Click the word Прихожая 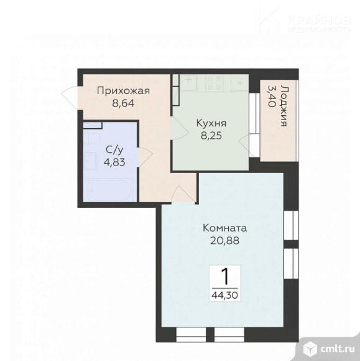[x=123, y=91]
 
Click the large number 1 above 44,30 [x=224, y=274]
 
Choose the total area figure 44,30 [x=224, y=294]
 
